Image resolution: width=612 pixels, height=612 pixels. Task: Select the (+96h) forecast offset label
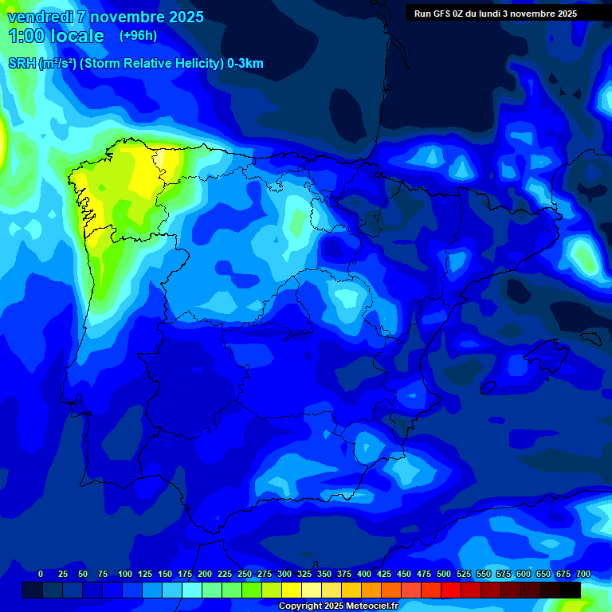pyautogui.click(x=138, y=36)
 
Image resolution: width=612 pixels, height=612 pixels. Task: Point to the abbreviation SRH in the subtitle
pyautogui.click(x=22, y=64)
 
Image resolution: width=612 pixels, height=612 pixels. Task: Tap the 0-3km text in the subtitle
pyautogui.click(x=245, y=64)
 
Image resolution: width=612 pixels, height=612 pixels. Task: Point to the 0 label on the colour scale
pyautogui.click(x=41, y=574)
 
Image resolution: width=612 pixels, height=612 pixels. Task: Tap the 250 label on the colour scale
pyautogui.click(x=245, y=574)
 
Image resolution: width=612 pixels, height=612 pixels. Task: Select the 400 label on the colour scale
pyautogui.click(x=364, y=574)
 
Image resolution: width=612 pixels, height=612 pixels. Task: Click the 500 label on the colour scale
pyautogui.click(x=444, y=574)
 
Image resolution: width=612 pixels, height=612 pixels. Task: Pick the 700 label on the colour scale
pyautogui.click(x=583, y=574)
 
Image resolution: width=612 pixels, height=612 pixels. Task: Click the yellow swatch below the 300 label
pyautogui.click(x=292, y=590)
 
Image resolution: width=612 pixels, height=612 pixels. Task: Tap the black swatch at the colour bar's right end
pyautogui.click(x=571, y=590)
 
